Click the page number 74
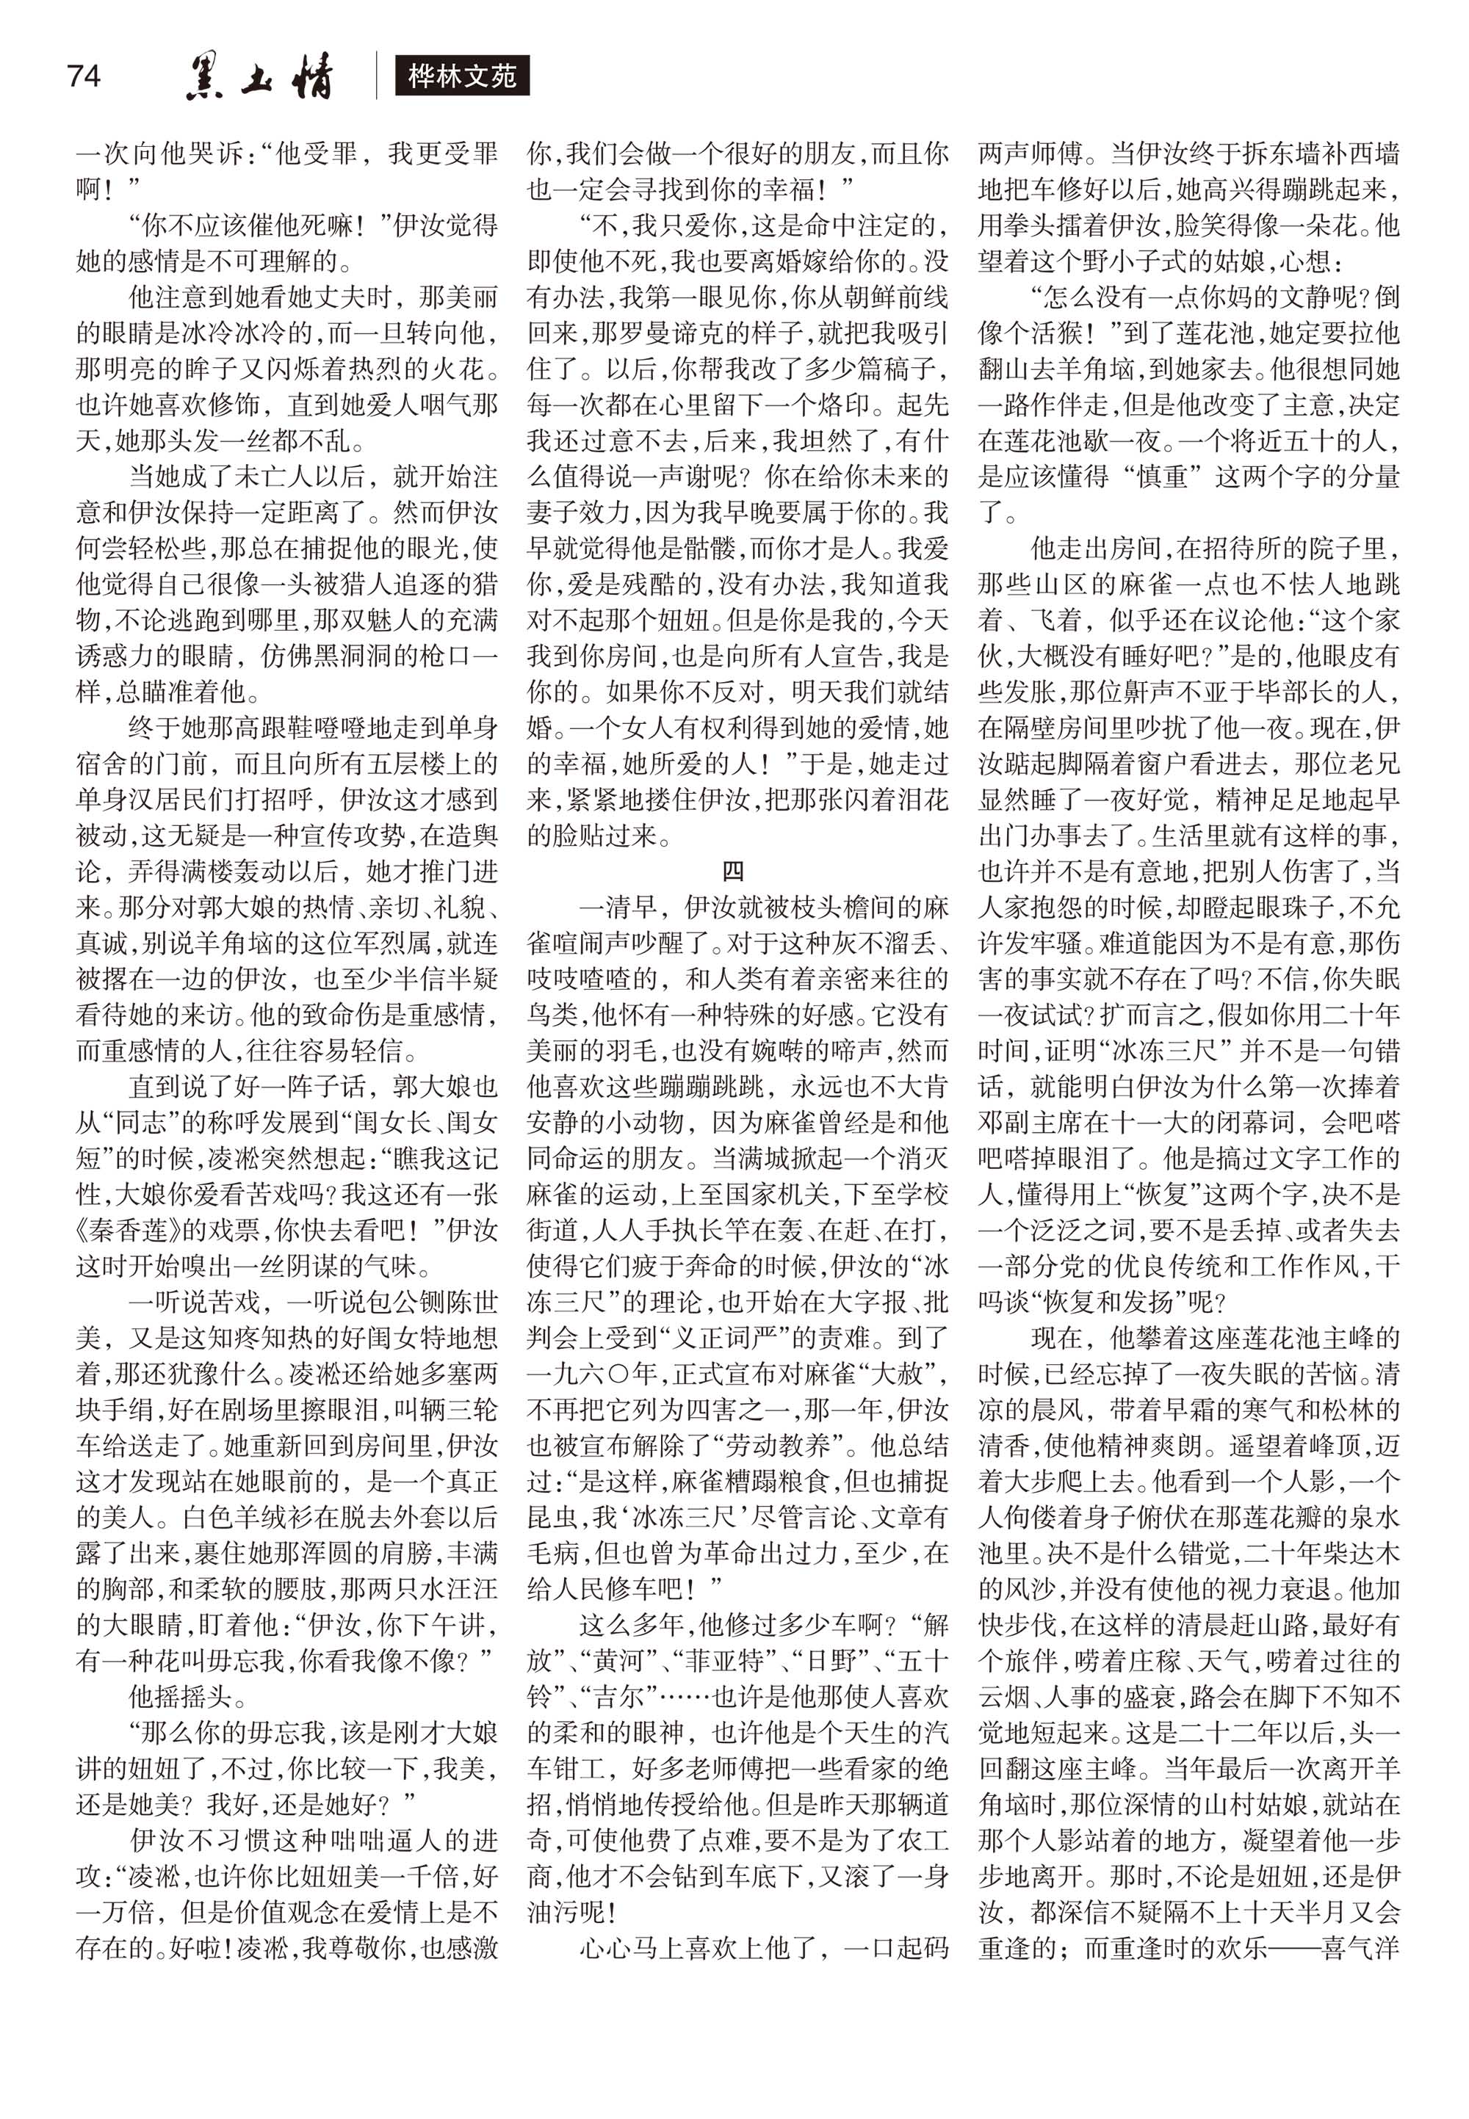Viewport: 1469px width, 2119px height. pyautogui.click(x=83, y=75)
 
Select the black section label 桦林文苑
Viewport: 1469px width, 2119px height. pyautogui.click(x=461, y=76)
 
